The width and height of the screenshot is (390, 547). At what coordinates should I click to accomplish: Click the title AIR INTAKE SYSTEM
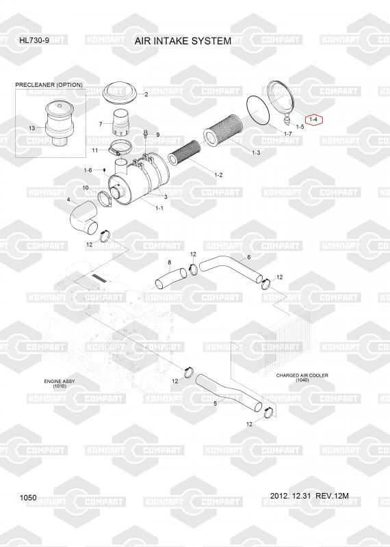point(183,41)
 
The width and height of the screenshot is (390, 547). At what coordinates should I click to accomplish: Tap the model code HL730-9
point(34,40)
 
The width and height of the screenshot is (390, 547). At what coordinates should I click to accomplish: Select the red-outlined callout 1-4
point(314,120)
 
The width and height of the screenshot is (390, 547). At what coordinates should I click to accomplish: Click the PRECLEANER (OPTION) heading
point(49,85)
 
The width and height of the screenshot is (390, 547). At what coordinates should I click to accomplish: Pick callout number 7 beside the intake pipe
point(101,124)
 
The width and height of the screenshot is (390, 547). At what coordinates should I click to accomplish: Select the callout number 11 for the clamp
point(94,150)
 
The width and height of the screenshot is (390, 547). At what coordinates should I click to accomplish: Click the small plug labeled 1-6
point(105,170)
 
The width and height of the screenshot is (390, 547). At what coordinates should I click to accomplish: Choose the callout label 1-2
point(218,175)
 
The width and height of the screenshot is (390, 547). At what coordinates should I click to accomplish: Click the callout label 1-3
point(256,152)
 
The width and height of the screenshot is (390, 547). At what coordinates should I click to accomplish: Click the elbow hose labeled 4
point(83,218)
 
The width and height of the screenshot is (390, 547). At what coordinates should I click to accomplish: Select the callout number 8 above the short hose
point(170,263)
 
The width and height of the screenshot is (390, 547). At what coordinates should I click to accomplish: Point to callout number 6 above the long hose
point(248,257)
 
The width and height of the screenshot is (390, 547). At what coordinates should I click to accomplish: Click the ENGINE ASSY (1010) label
point(60,384)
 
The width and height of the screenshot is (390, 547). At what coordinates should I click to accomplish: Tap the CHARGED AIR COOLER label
point(302,375)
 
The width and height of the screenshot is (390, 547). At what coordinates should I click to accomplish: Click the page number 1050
point(28,498)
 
